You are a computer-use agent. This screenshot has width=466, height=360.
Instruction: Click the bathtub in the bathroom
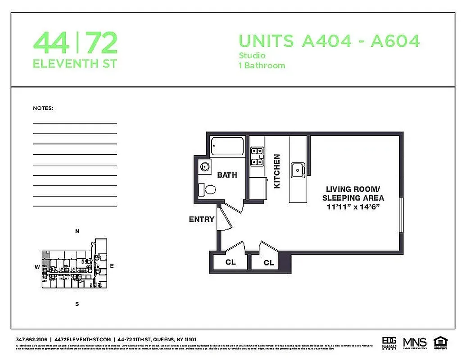(227, 146)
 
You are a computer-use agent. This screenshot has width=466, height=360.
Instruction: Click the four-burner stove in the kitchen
(257, 156)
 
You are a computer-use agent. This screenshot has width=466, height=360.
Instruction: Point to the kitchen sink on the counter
(298, 171)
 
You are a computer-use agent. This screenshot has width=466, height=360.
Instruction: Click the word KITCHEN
(277, 171)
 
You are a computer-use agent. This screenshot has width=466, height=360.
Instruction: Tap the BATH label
(227, 175)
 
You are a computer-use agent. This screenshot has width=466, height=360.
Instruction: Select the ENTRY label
(201, 219)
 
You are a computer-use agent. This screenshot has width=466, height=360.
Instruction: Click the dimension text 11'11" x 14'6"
(354, 207)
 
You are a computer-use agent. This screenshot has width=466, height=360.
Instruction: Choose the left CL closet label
(230, 262)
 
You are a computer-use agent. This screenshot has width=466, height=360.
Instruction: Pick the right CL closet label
(269, 262)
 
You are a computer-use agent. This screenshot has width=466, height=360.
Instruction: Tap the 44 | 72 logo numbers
(75, 43)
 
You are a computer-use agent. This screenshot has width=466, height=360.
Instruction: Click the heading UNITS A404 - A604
(329, 41)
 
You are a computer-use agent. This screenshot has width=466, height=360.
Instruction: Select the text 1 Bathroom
(262, 66)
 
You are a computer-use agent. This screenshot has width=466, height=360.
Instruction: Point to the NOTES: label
(43, 108)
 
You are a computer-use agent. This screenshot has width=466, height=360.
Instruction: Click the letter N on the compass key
(77, 231)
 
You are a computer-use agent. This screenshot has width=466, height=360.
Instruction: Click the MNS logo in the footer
(414, 342)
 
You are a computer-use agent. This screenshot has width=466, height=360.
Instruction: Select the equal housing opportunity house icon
(440, 342)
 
